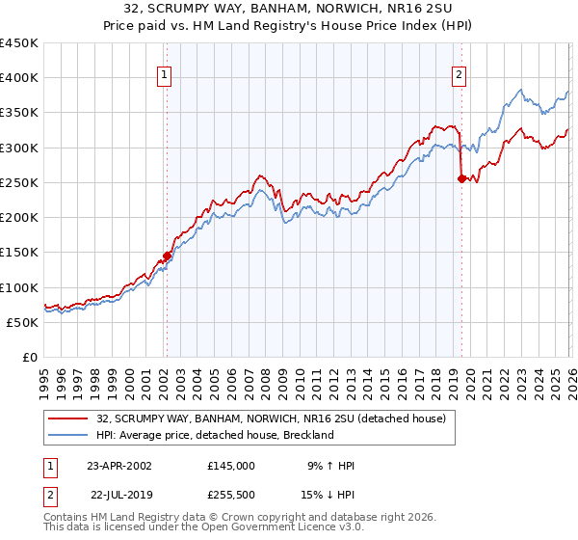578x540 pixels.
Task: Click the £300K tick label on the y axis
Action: point(18,148)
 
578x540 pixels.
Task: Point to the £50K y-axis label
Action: point(22,322)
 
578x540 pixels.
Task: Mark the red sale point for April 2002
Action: point(167,256)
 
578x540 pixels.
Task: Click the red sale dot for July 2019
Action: point(461,178)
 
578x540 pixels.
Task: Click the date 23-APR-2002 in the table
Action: point(118,466)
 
